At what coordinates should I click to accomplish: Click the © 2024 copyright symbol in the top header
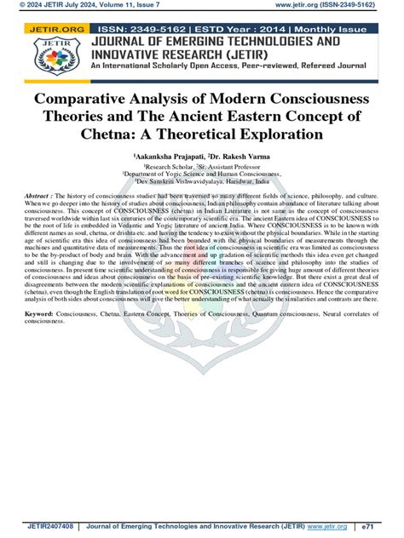point(6,6)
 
